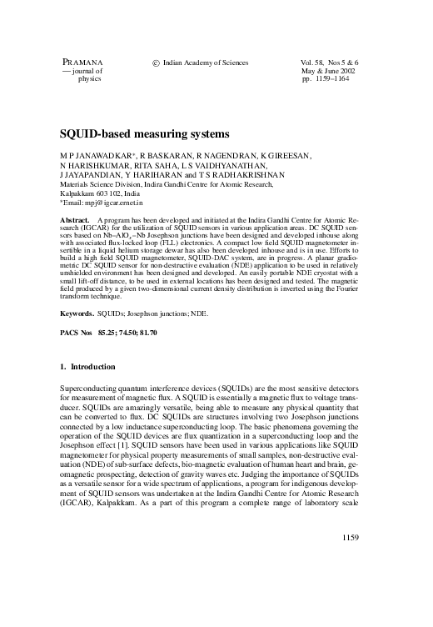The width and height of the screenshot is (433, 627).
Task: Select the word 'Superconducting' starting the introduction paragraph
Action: [x=88, y=389]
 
